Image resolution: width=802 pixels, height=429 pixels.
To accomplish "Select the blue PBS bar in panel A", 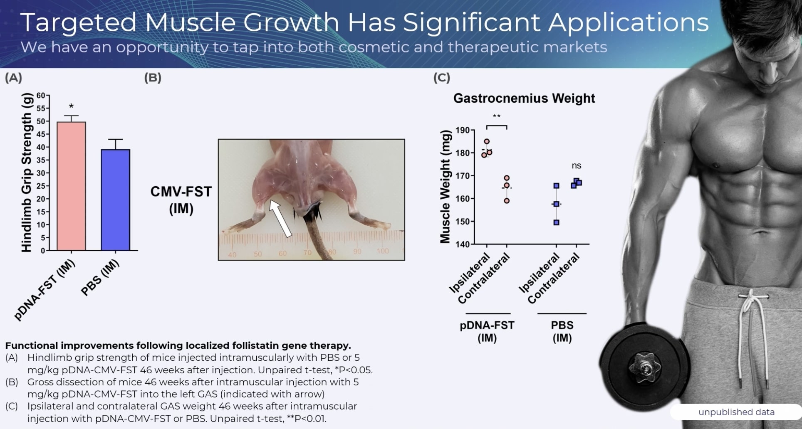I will click(115, 200).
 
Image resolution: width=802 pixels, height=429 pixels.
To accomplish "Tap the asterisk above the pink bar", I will click(71, 106).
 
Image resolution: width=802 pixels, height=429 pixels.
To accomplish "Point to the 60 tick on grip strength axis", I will click(40, 95).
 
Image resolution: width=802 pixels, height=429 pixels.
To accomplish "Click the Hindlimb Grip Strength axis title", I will click(26, 182).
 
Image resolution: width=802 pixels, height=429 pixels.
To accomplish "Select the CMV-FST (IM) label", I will click(181, 200).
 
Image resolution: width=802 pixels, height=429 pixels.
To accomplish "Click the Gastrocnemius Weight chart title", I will click(524, 98).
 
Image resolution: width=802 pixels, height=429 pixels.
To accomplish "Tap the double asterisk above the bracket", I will click(496, 116).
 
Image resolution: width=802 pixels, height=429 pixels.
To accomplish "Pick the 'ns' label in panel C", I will click(576, 165).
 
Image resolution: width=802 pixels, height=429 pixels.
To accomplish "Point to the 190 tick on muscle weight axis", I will click(462, 130).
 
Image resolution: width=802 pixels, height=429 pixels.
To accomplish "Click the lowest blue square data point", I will click(556, 222).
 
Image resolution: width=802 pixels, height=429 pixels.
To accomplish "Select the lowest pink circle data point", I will click(506, 201).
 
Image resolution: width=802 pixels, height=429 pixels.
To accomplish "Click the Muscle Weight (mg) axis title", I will click(445, 187).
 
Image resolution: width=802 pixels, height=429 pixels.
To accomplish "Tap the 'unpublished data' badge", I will click(736, 412).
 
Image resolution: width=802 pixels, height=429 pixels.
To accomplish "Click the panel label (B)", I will click(153, 78).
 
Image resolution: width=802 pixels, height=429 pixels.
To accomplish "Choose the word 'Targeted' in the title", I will click(78, 22).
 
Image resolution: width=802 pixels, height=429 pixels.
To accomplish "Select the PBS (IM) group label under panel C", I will click(562, 331).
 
